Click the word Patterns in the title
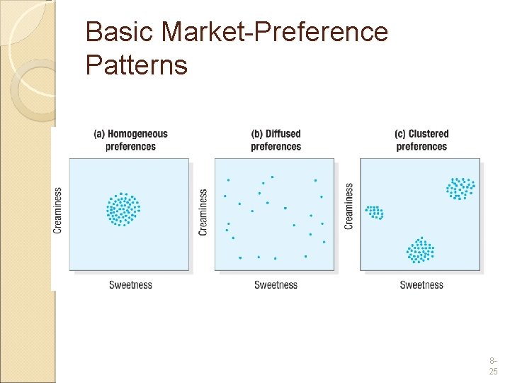click(x=136, y=65)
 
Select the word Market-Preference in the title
click(x=275, y=32)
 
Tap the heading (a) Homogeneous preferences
click(x=130, y=140)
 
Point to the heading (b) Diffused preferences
click(x=276, y=140)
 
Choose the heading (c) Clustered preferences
click(x=421, y=140)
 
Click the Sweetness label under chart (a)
click(x=130, y=285)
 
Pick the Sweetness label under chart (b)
click(x=276, y=285)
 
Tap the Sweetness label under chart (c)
click(x=421, y=285)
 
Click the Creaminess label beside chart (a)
click(x=58, y=210)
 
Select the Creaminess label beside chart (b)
click(x=203, y=212)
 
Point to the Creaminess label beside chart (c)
click(x=348, y=206)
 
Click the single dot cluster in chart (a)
click(x=123, y=209)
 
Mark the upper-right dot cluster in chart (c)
click(x=460, y=188)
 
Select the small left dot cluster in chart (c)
click(x=374, y=211)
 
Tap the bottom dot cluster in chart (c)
click(x=420, y=250)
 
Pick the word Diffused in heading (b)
click(x=283, y=133)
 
